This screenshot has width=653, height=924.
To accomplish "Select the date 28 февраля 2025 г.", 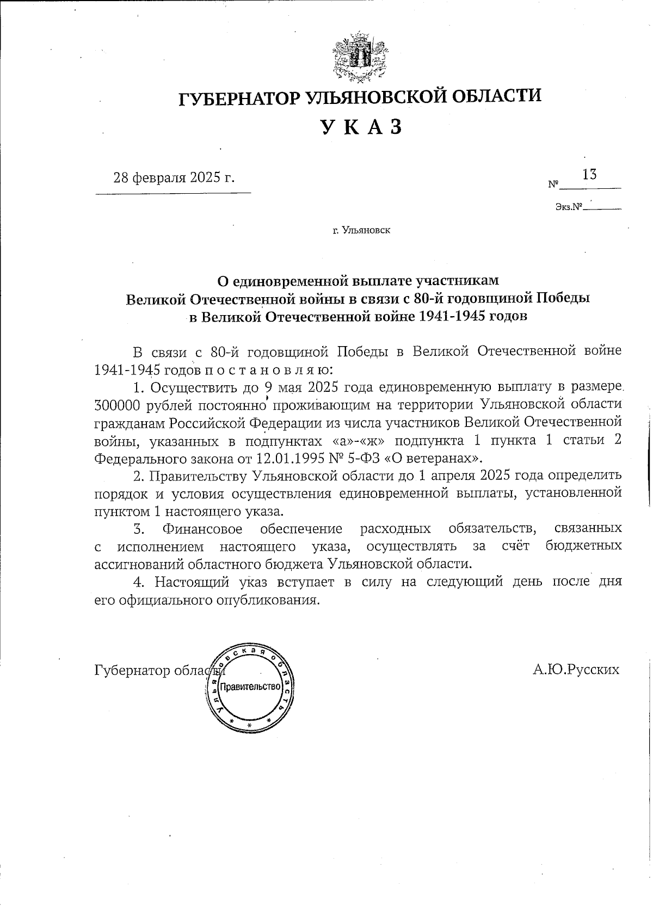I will [174, 178].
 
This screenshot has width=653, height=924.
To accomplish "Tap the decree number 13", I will [589, 175].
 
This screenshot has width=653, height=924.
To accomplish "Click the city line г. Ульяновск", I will [361, 231].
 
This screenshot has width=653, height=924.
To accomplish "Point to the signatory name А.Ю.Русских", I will [576, 669].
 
